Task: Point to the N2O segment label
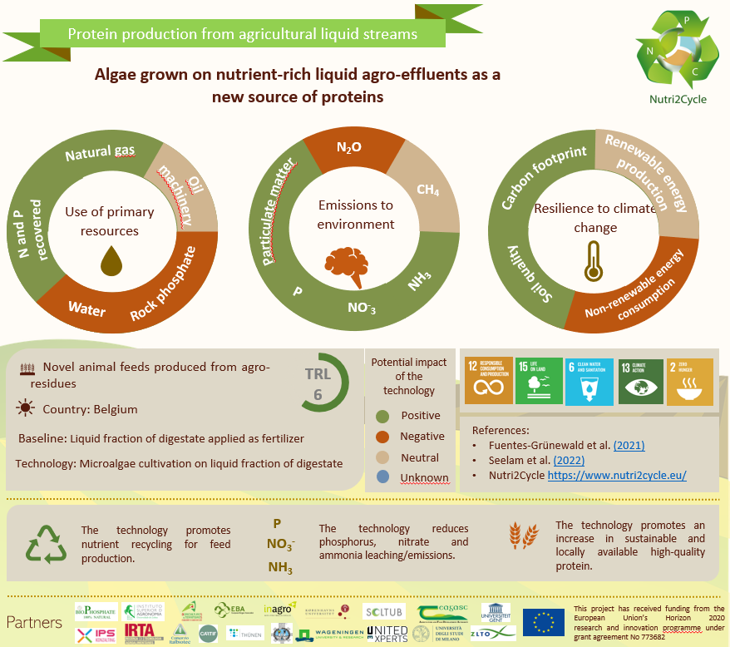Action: click(348, 147)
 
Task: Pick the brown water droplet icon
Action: click(111, 259)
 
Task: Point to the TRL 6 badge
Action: click(318, 383)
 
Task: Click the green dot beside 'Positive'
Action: click(382, 416)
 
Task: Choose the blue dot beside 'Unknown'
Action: click(382, 477)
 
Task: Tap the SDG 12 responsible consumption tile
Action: click(485, 382)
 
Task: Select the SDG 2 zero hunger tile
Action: click(689, 382)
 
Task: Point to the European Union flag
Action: click(543, 622)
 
